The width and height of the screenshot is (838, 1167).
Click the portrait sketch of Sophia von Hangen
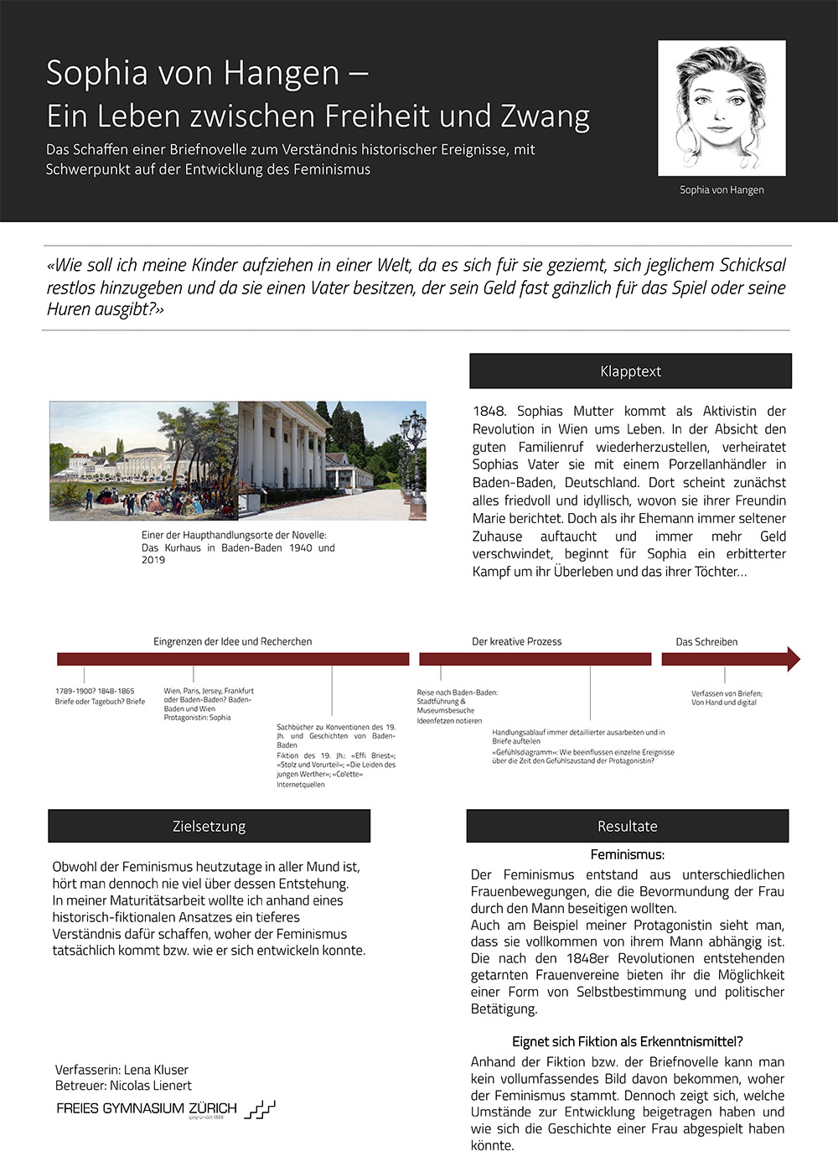click(x=722, y=107)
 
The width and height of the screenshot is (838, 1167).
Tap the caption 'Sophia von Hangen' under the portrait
click(x=722, y=190)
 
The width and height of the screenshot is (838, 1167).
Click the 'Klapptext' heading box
click(x=630, y=371)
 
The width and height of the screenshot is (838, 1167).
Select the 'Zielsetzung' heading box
click(x=209, y=826)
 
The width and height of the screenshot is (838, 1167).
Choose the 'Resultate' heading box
click(x=627, y=826)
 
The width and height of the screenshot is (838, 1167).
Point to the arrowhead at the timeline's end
click(x=792, y=659)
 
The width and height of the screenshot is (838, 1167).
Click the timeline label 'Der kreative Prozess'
click(x=516, y=641)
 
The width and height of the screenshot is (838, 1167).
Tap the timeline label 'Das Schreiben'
click(x=706, y=641)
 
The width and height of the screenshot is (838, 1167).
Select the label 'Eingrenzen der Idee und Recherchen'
click(x=232, y=641)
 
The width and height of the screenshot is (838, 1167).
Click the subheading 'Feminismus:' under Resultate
click(x=627, y=855)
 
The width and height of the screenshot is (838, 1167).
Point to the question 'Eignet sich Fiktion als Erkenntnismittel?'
click(x=627, y=1041)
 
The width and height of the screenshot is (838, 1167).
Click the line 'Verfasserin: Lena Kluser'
click(x=122, y=1070)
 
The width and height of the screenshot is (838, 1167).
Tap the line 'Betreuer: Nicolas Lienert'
click(x=123, y=1086)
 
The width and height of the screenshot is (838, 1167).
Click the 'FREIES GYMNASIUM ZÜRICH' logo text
click(x=147, y=1108)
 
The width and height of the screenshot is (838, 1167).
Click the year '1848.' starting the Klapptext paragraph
click(x=489, y=411)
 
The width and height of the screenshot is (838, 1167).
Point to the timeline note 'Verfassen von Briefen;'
click(x=727, y=693)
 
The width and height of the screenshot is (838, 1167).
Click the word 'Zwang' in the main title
click(x=545, y=116)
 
